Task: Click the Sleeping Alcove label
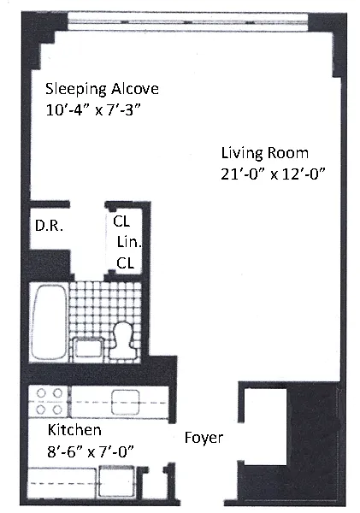coord(102,89)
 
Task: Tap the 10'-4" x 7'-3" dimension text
coord(93,110)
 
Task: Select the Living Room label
coord(265,153)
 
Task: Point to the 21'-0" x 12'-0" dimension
coord(274,174)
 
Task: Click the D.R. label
coord(49,226)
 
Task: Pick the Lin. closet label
coord(129,242)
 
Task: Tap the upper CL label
coord(121,221)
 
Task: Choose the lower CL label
coord(126,263)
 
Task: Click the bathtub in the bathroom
coord(50,322)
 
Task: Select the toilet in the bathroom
coord(121,341)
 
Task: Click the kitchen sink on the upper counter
coord(126,402)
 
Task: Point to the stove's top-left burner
coord(41,393)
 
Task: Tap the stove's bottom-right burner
coord(57,410)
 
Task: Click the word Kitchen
coord(74,430)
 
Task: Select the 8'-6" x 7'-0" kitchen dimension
coord(91,451)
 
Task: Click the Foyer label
coord(204,438)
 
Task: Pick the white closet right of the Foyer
coord(265,427)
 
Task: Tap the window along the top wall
coord(188,22)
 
